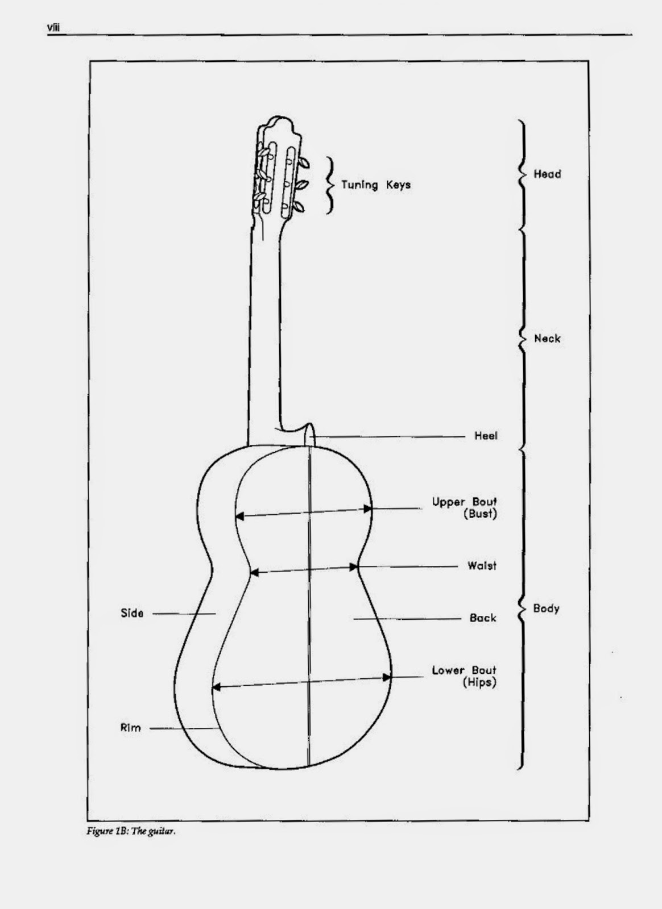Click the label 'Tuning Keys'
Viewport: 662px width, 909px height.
(x=375, y=185)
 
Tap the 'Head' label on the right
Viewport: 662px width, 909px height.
(x=547, y=174)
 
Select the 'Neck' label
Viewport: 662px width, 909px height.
(x=547, y=339)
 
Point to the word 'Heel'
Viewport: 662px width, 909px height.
(x=486, y=436)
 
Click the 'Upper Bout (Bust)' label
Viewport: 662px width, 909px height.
(x=464, y=508)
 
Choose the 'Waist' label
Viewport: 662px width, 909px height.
(x=482, y=565)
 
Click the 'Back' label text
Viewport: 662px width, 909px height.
(x=483, y=618)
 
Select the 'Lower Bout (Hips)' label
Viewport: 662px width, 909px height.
(x=464, y=676)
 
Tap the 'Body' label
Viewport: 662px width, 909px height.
(x=546, y=608)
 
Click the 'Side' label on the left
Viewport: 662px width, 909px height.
(x=132, y=613)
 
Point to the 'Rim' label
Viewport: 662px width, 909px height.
(x=130, y=728)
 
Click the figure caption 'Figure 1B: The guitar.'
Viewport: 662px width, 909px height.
(x=131, y=832)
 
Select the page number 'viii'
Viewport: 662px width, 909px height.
(x=53, y=27)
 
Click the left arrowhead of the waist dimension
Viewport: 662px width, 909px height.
(x=254, y=573)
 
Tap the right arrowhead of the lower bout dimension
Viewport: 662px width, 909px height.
(x=387, y=677)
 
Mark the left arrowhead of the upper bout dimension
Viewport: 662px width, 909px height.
(x=239, y=516)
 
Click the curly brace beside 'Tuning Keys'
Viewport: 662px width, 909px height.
(x=329, y=185)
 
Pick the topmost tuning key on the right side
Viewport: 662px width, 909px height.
(x=303, y=163)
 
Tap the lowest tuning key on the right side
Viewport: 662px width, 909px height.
(x=299, y=207)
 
